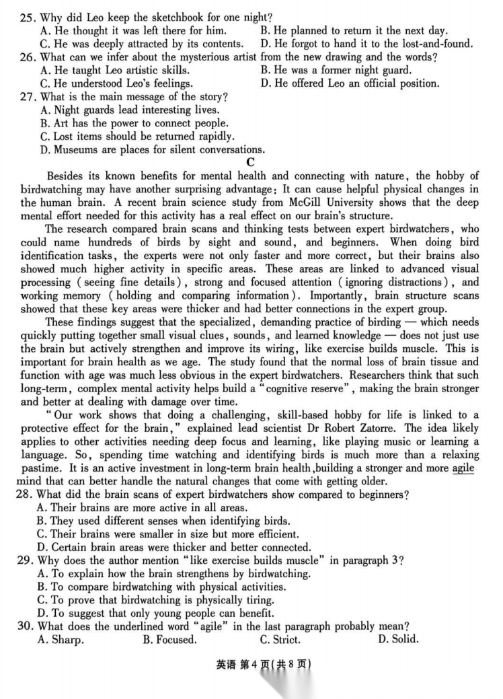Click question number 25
28,17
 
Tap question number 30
28,626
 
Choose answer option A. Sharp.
62,639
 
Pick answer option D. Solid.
398,639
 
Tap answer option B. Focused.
170,639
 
